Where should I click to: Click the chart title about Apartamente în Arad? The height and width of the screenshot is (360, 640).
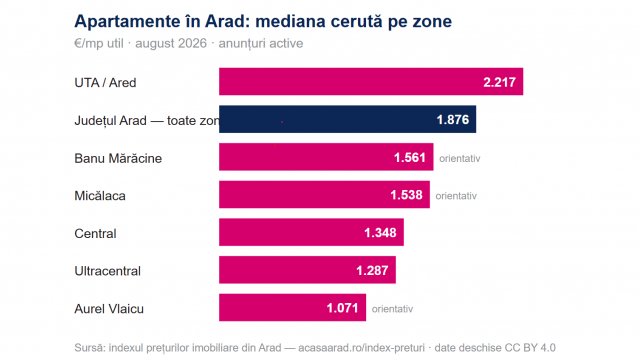pos(263,21)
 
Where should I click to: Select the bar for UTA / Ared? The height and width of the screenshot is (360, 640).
pos(371,82)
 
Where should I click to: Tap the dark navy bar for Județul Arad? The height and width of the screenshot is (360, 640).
pos(347,119)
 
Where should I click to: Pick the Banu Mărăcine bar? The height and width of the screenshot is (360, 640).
pos(326,157)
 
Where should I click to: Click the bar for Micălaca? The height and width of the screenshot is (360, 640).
pos(324,194)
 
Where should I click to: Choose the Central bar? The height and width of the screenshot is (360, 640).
pos(311,232)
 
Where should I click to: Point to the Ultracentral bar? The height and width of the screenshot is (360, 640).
pos(307,270)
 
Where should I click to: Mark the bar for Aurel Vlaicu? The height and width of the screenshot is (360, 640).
pos(293,307)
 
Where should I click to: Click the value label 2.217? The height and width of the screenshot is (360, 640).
pos(500,82)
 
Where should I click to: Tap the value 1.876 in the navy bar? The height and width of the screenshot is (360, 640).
pos(453,120)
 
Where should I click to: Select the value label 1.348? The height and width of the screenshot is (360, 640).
pos(380,233)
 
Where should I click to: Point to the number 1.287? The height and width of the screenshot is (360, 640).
pos(372,270)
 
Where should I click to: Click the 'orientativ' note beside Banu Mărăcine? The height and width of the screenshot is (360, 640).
pos(460,158)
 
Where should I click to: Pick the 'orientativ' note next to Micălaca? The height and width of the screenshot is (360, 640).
pos(456,196)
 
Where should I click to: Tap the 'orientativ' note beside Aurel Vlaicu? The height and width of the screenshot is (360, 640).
pos(392,309)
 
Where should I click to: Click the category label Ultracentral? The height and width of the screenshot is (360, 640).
pos(107,271)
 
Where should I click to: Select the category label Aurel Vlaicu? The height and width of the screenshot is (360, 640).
pos(109,309)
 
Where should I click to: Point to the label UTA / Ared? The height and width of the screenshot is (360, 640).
pos(105,82)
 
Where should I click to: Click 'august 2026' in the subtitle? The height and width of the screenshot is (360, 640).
pos(171,43)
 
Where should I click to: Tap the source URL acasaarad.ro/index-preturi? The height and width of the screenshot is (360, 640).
pos(361,348)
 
